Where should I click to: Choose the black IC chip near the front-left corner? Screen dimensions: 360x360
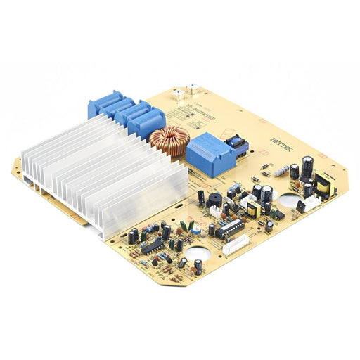point(152,246)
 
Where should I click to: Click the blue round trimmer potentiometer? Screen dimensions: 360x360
point(197,230)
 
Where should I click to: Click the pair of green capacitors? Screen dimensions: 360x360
point(186,226)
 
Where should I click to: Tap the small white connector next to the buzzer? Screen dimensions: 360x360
point(216,210)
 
